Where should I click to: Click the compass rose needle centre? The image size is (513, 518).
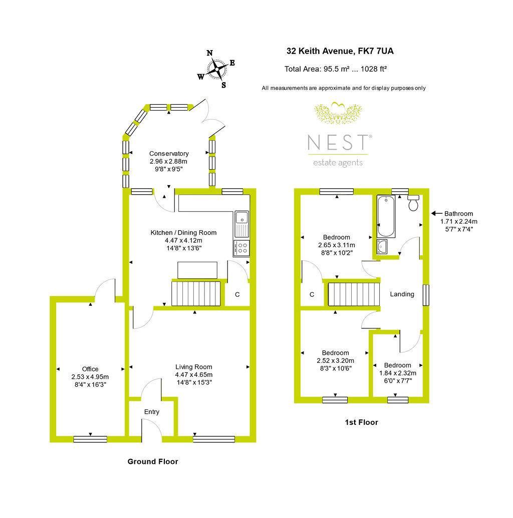point(217,70)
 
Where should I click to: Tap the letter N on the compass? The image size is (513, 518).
point(210,53)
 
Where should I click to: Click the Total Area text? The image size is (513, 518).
point(335,69)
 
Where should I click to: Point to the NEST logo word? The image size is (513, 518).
point(338,142)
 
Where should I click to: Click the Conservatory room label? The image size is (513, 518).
point(169,154)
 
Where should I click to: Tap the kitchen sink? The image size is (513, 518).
point(242,224)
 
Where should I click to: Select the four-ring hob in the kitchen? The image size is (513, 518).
point(241,248)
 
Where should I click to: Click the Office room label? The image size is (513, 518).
point(90,369)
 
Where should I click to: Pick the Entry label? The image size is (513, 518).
point(151,412)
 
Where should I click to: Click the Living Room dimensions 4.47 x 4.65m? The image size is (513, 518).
point(194,375)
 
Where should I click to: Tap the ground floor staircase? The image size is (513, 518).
point(196,294)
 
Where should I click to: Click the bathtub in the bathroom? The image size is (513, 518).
point(386,216)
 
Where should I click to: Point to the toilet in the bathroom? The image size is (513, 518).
point(413,203)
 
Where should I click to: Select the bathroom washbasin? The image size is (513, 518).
point(382,247)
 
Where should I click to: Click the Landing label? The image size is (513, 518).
point(402,294)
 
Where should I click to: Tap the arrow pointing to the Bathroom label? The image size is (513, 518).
point(437,213)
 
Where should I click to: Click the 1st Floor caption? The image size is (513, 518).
point(362,422)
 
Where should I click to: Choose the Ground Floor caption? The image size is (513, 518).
point(153,461)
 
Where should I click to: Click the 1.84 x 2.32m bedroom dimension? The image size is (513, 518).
point(398,373)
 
